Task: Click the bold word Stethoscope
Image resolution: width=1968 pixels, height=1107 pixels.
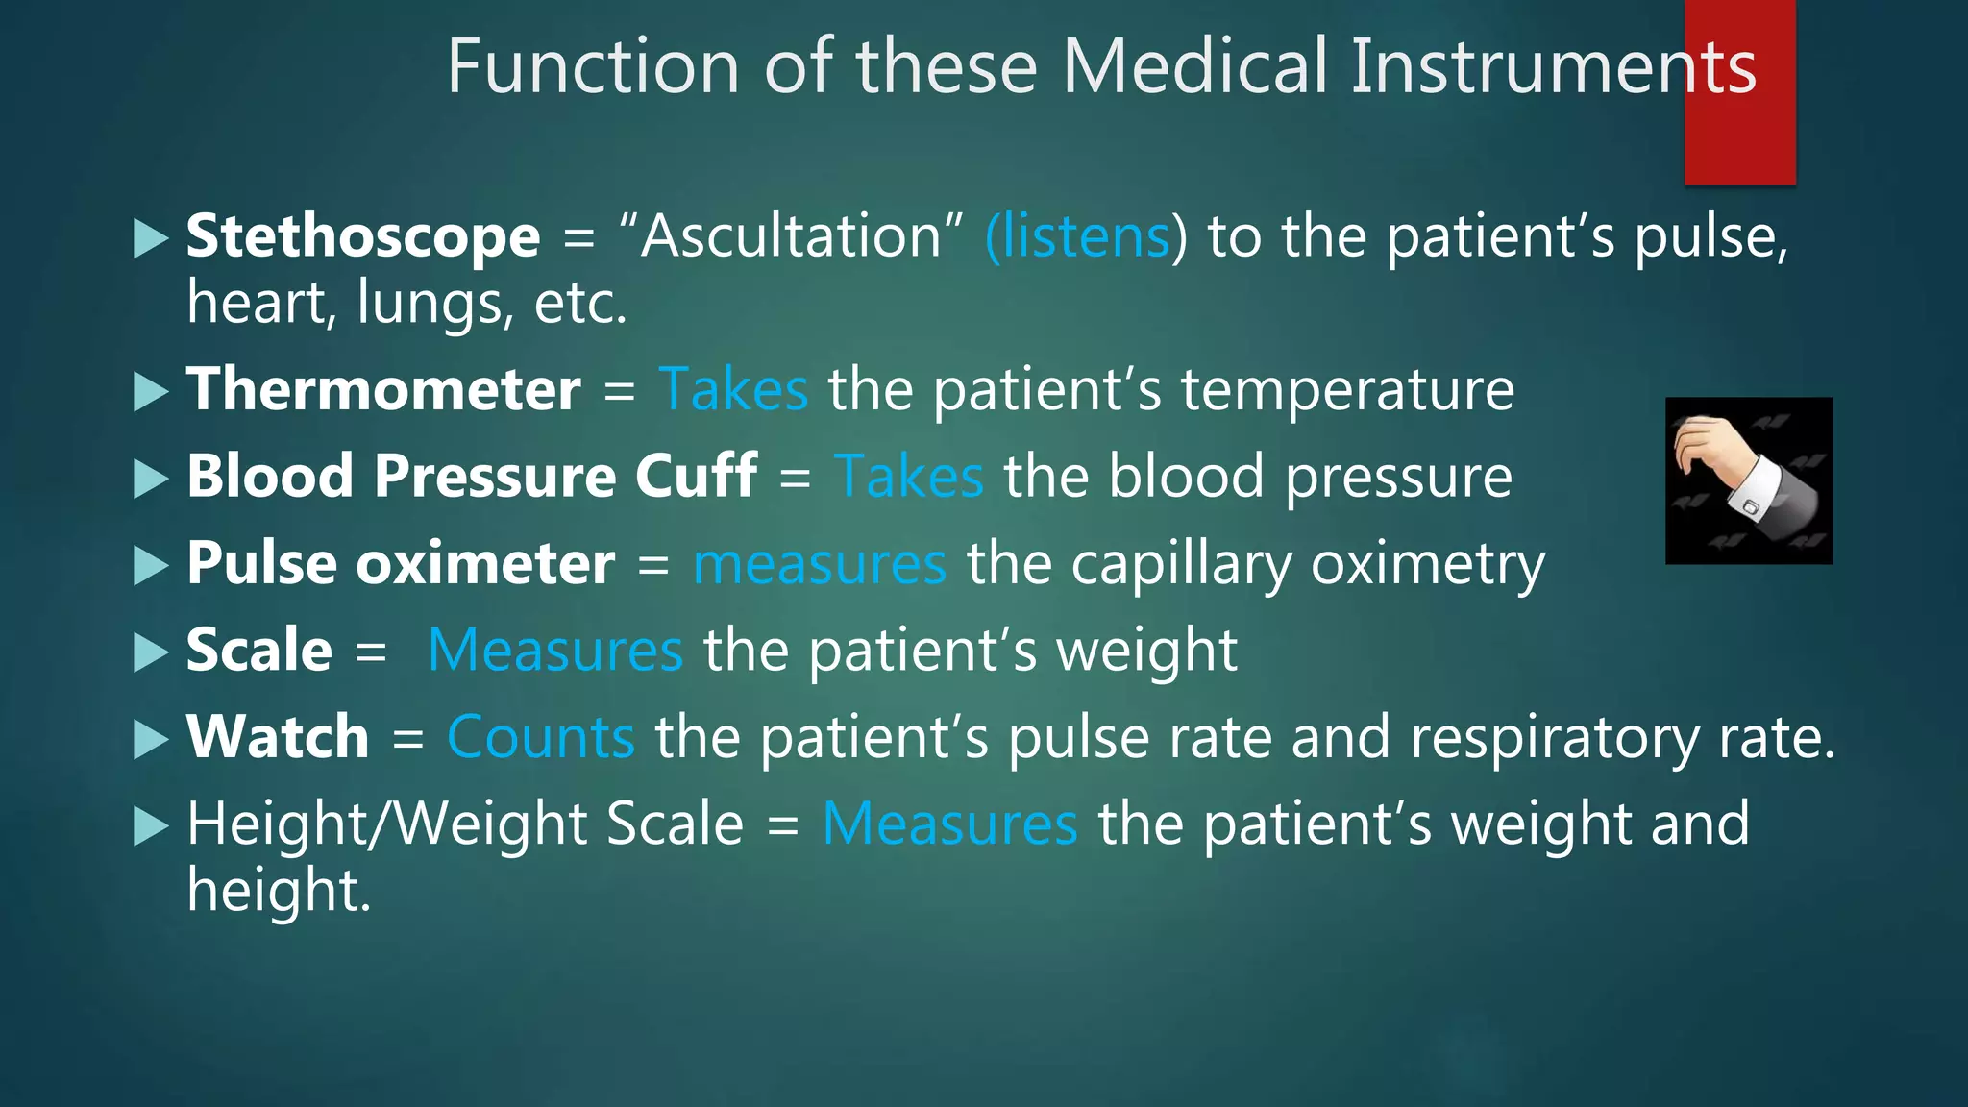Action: pos(362,236)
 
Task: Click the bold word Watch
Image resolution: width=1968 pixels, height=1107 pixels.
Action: pos(278,737)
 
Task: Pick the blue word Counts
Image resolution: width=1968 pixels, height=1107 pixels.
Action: pos(540,737)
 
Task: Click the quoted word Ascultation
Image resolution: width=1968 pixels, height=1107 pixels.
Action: pos(791,236)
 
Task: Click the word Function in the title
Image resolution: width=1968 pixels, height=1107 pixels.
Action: pos(593,66)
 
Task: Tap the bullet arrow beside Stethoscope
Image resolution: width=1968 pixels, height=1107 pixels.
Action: pos(150,238)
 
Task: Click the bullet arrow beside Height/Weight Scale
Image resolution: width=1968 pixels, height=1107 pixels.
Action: pos(150,825)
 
